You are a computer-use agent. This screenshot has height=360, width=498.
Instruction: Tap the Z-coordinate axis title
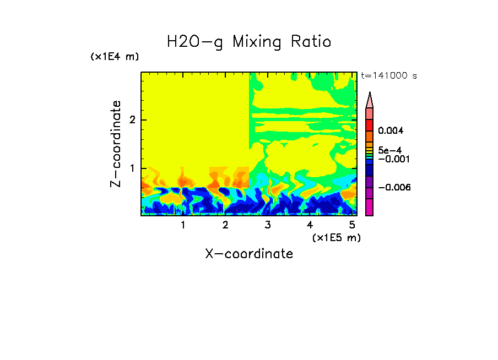[116, 144]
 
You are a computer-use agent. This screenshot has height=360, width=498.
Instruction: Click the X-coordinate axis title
[249, 254]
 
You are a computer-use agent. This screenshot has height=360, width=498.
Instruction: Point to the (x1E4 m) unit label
[115, 57]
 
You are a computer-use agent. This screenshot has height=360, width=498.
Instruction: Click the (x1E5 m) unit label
[336, 237]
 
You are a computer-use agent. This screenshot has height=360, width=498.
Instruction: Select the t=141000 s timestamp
[388, 76]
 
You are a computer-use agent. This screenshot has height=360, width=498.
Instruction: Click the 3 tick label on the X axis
[267, 225]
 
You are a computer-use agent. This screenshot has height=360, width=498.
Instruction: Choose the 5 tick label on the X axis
[352, 225]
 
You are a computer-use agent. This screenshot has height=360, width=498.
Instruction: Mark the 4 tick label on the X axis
[310, 225]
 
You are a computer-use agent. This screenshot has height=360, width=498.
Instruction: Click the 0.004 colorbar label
[391, 131]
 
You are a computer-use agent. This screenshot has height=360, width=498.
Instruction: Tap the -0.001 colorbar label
[392, 159]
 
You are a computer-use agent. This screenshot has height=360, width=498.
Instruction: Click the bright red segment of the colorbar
[370, 125]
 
